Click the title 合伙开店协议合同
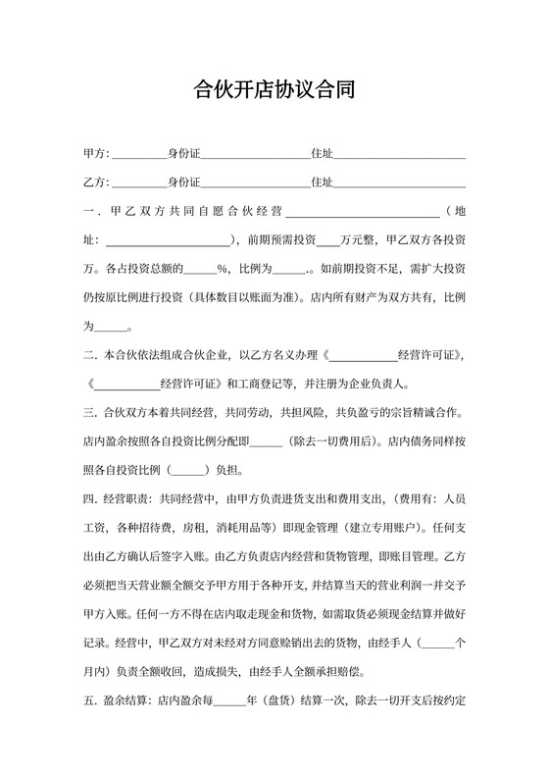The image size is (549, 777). [x=274, y=91]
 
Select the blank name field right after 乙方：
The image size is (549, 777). [x=140, y=183]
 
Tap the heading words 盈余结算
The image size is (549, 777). [x=125, y=702]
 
